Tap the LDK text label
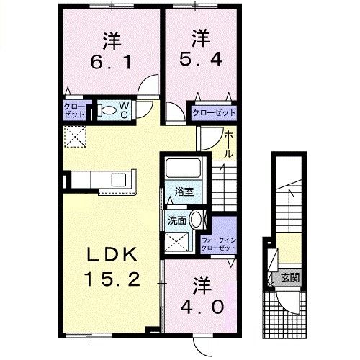(x=109, y=254)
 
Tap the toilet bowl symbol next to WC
(x=106, y=111)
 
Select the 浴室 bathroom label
(x=184, y=192)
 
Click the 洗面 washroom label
(x=178, y=221)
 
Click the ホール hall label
(x=228, y=144)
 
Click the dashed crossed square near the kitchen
(x=74, y=135)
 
